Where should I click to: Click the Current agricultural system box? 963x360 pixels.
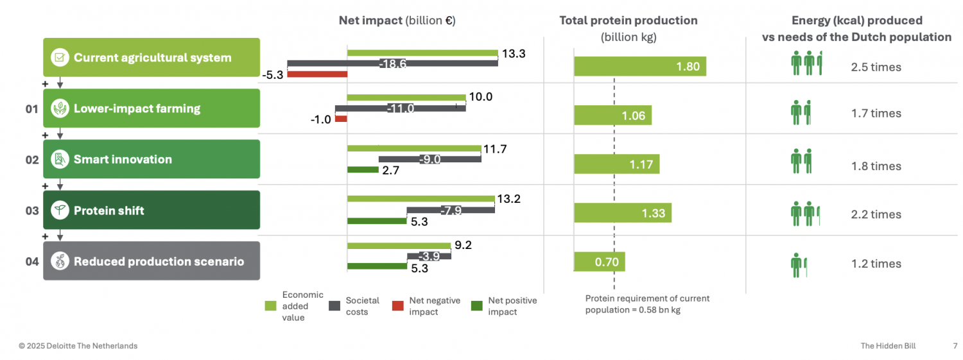(x=152, y=58)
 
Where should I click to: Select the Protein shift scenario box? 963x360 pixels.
(x=152, y=210)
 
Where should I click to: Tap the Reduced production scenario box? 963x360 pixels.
(x=152, y=261)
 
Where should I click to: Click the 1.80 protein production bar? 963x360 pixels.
(x=639, y=67)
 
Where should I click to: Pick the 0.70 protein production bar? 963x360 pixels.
(x=599, y=262)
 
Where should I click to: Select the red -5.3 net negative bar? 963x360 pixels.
(x=317, y=74)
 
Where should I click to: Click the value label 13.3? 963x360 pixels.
(x=514, y=54)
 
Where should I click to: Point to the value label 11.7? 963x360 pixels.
(x=495, y=149)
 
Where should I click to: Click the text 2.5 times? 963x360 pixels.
(x=876, y=67)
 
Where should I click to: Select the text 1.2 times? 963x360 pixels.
(x=876, y=264)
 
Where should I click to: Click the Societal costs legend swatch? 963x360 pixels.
(x=334, y=305)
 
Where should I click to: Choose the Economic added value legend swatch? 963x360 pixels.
(x=271, y=305)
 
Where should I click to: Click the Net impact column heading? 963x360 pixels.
(x=397, y=21)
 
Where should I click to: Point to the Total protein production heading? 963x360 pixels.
(x=628, y=21)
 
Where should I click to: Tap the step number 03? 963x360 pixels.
(x=32, y=210)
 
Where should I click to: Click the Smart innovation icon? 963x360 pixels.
(x=60, y=159)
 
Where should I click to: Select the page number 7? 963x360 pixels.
(x=955, y=346)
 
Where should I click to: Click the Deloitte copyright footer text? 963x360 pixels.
(x=78, y=346)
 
